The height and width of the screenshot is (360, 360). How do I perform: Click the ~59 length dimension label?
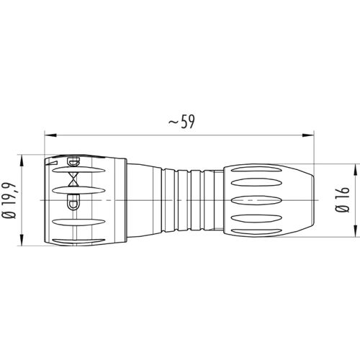pyautogui.click(x=181, y=122)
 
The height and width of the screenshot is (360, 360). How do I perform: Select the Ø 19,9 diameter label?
pyautogui.click(x=9, y=200)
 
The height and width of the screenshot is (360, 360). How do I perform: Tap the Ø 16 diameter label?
pyautogui.click(x=342, y=199)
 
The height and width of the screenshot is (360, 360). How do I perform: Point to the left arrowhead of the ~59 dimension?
pyautogui.click(x=50, y=135)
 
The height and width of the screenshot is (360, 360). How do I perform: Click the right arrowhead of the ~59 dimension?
pyautogui.click(x=308, y=135)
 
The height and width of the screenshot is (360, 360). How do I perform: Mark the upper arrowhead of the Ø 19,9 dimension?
pyautogui.click(x=22, y=161)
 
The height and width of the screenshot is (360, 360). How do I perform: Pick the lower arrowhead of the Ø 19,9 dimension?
pyautogui.click(x=22, y=240)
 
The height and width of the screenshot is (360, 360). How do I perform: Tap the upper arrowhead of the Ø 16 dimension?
pyautogui.click(x=355, y=170)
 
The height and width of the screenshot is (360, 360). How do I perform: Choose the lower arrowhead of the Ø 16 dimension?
pyautogui.click(x=355, y=231)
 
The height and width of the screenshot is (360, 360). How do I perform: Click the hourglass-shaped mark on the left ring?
pyautogui.click(x=73, y=179)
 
